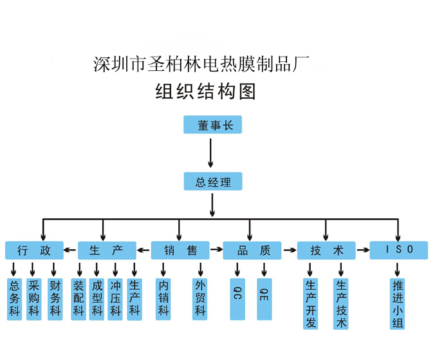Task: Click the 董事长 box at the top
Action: pos(212,125)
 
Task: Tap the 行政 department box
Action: pos(34,251)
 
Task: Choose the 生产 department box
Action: pos(107,251)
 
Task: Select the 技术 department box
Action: pos(326,251)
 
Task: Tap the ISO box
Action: pos(398,250)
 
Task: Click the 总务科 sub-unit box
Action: pos(14,299)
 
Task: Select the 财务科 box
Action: pos(55,299)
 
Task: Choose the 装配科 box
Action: pos(79,299)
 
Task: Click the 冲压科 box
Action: pos(115,299)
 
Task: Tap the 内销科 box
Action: pos(163,299)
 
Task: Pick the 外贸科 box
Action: pos(200,299)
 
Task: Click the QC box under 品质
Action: pos(237,299)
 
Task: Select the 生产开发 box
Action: pos(311,303)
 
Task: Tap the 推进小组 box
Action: pos(398,303)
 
